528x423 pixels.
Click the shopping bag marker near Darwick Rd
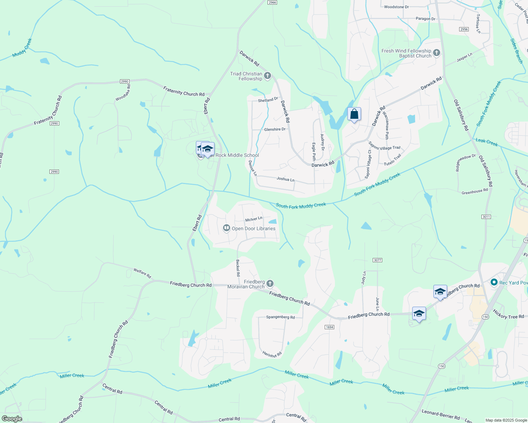[x=354, y=114]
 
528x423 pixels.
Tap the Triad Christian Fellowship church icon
[x=268, y=75]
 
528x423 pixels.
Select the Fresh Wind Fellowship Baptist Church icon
[x=437, y=53]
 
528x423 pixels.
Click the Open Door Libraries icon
[x=227, y=228]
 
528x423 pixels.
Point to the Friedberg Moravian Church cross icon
[x=270, y=283]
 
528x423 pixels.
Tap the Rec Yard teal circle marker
[x=494, y=282]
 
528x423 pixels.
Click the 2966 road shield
[x=272, y=2]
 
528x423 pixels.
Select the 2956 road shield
[x=464, y=29]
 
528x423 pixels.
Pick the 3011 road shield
[x=486, y=217]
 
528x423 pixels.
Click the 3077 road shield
[x=377, y=260]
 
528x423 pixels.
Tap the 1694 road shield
[x=329, y=327]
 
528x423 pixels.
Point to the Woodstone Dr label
[x=396, y=7]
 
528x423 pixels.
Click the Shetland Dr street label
[x=268, y=100]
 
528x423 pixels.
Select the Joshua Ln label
[x=285, y=179]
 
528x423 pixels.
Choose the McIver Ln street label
[x=254, y=219]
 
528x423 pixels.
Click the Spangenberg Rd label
[x=280, y=317]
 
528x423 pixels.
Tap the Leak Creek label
[x=486, y=142]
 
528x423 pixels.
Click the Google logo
[x=12, y=419]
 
